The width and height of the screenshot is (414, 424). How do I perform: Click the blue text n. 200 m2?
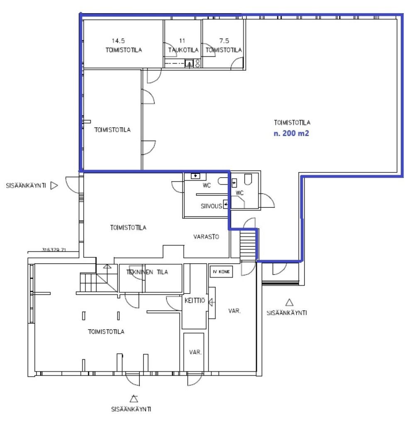coord(291,133)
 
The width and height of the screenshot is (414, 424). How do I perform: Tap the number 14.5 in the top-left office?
coord(118,41)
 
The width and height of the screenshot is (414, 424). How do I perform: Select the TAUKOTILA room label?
coord(183,50)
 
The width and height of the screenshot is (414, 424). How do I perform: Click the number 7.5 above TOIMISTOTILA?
coord(224,41)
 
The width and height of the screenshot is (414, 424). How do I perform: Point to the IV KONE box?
coord(221,272)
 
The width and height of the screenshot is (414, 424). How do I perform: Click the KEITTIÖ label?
coord(195,301)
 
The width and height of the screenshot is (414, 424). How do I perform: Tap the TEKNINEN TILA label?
coord(147,272)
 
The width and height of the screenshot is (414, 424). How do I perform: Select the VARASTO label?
coord(206,237)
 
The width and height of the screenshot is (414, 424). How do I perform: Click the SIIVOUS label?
coord(211,206)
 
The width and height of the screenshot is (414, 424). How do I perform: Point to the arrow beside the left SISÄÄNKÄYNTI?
coord(54,185)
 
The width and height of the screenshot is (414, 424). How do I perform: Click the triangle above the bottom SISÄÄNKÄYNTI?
coord(134,399)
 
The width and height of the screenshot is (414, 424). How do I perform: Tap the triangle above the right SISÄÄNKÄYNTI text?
coord(290,302)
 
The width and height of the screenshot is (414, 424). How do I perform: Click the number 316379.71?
coord(54,250)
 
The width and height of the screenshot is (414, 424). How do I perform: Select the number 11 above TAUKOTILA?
coord(182,41)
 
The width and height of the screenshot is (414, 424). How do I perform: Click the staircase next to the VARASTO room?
coord(248,245)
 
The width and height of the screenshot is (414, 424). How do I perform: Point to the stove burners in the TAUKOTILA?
coord(197,63)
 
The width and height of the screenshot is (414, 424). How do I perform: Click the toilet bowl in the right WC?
coord(248,179)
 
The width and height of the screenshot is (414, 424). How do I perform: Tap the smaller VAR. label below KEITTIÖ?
coord(195,352)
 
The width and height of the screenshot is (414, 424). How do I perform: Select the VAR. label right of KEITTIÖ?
coord(234,311)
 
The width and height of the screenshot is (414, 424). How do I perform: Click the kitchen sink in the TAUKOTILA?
coord(189,64)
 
